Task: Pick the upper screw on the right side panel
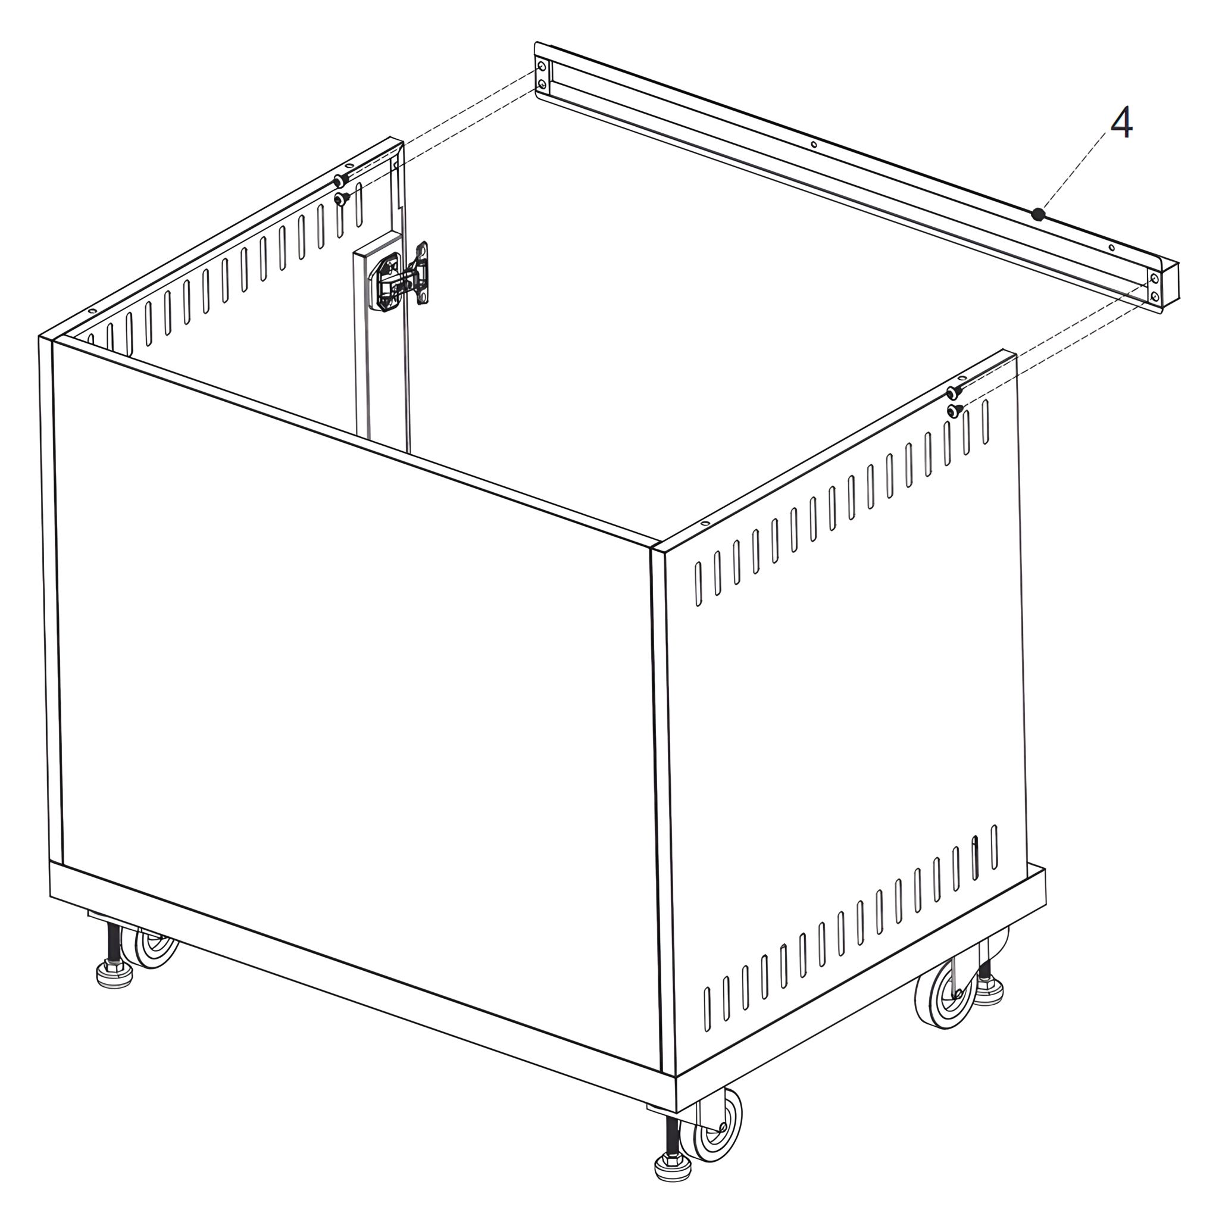point(954,392)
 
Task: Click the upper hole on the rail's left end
point(542,66)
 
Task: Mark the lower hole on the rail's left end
point(542,84)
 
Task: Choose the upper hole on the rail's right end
point(1154,278)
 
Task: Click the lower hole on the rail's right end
point(1155,296)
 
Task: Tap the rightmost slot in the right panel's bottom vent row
point(995,848)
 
